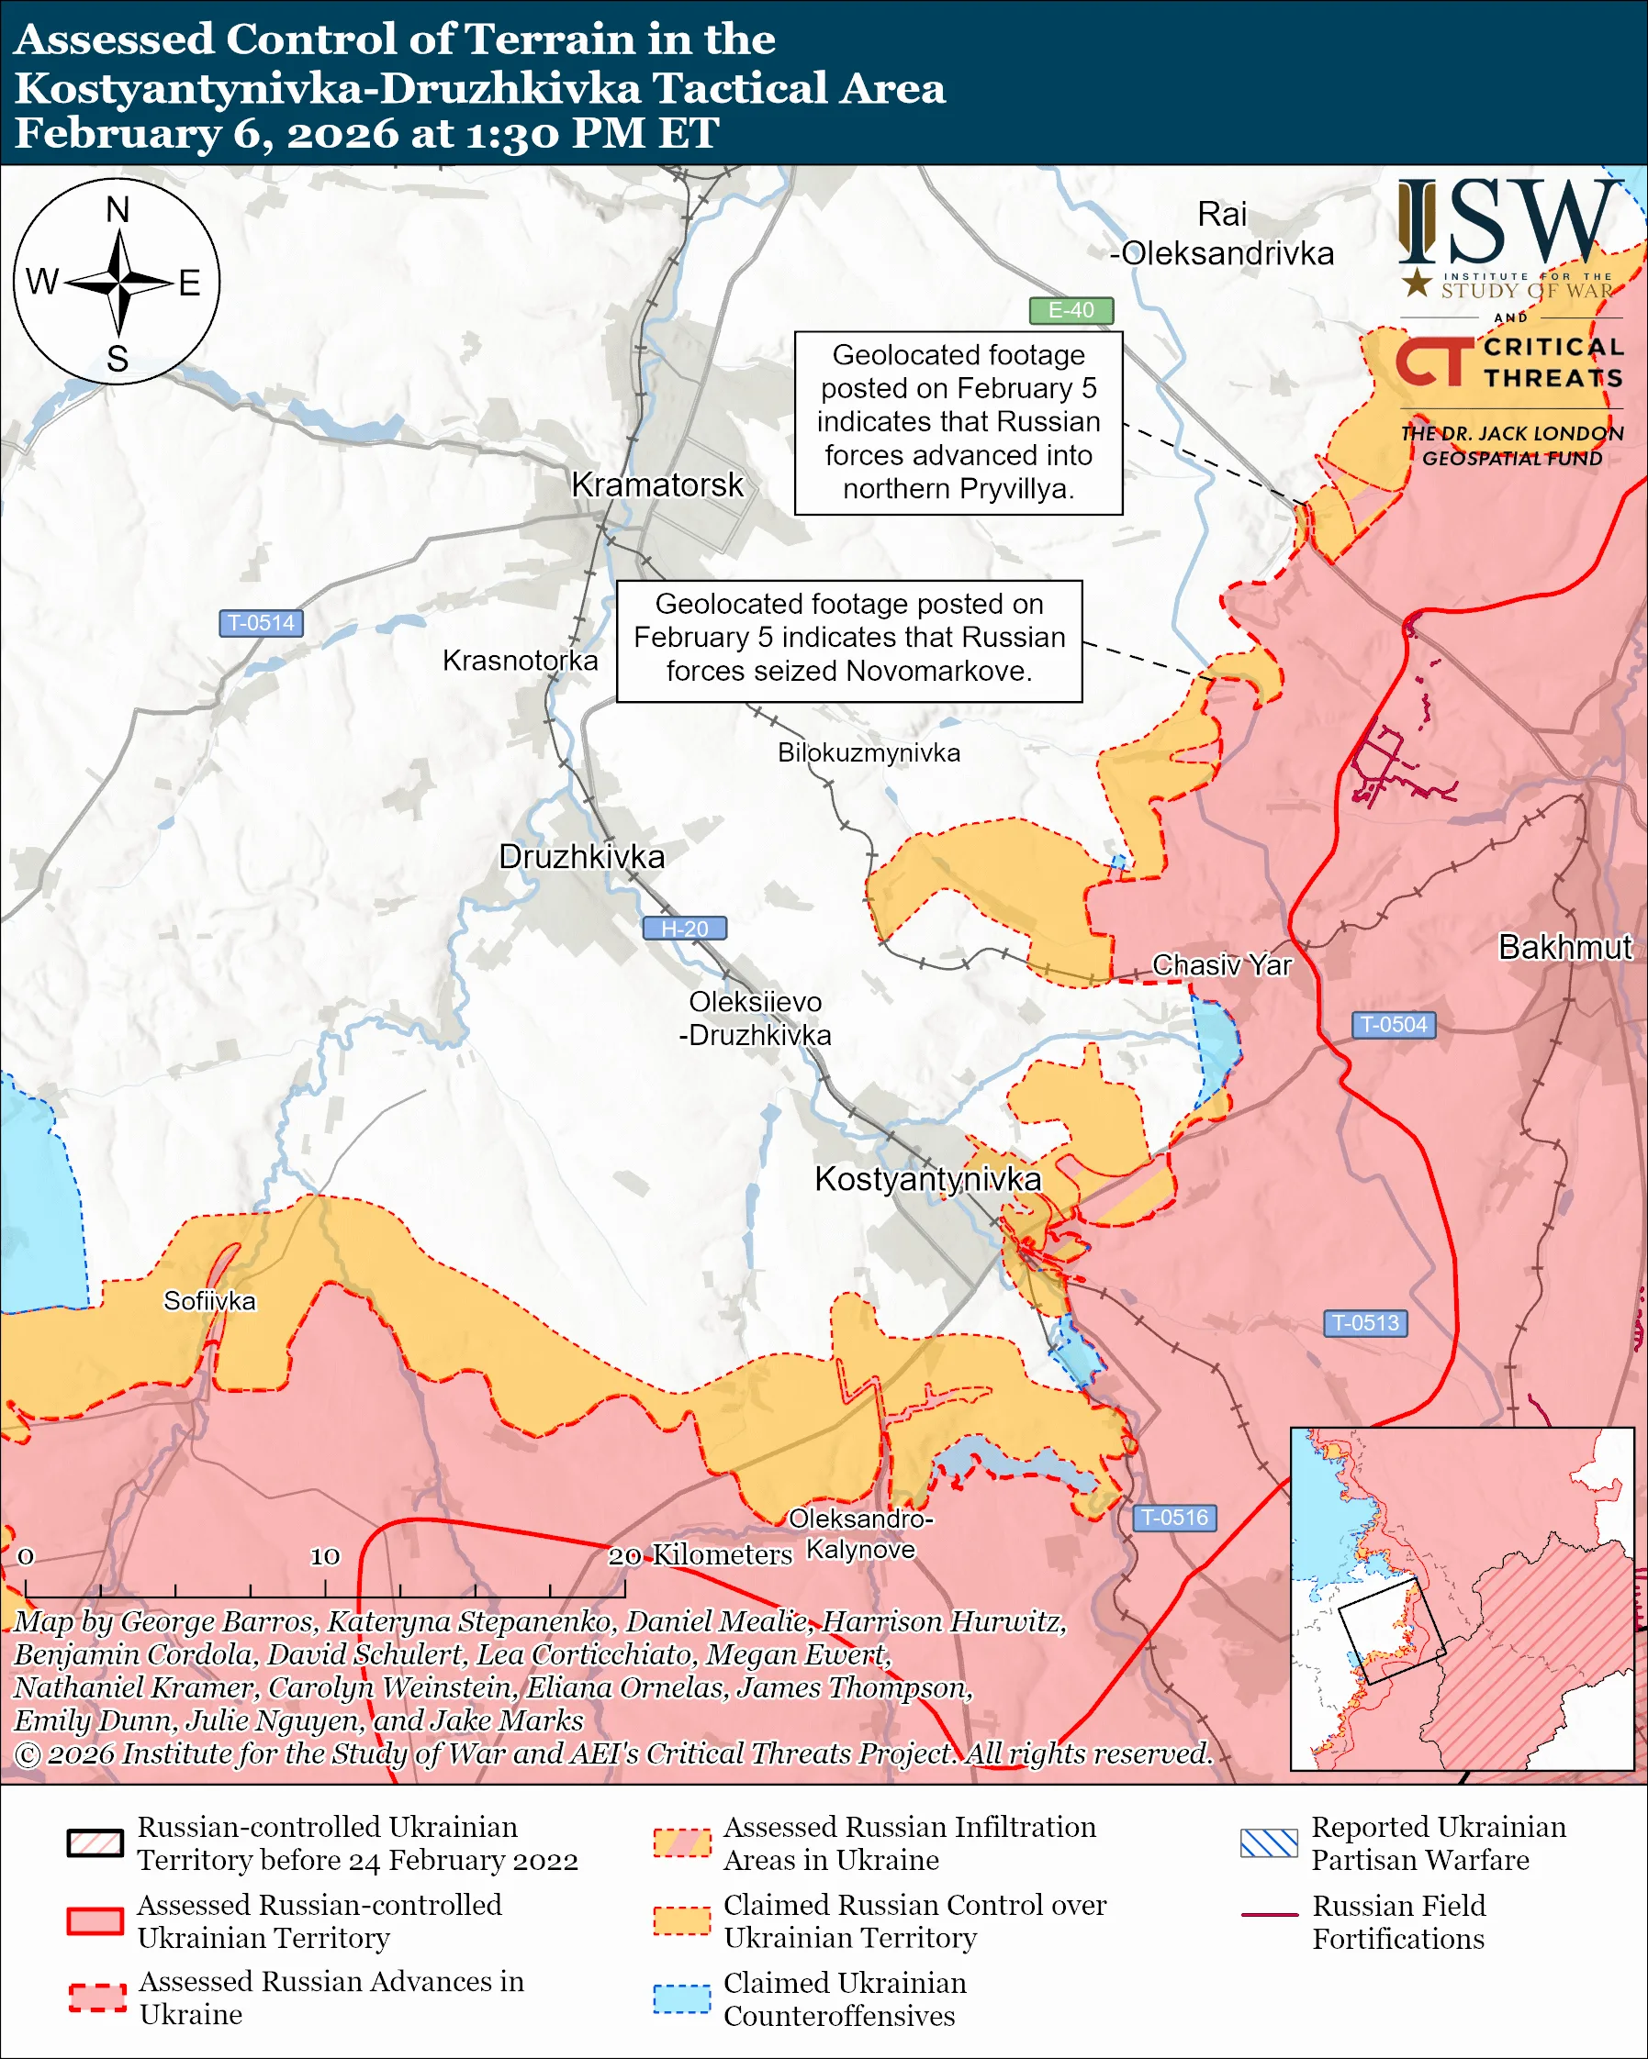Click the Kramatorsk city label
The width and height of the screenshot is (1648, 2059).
coord(656,485)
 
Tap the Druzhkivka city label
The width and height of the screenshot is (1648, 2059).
coord(581,857)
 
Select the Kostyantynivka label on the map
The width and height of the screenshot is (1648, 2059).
coord(926,1179)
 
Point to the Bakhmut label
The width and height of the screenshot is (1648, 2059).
coord(1564,947)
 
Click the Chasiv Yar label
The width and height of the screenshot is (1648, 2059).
coord(1221,965)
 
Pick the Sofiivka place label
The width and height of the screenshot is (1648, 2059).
coord(209,1302)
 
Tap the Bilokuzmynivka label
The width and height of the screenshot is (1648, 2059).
coord(869,753)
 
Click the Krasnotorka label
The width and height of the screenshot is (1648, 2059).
coord(520,661)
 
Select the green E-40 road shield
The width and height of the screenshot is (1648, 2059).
coord(1070,310)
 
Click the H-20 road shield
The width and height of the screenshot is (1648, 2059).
coord(684,929)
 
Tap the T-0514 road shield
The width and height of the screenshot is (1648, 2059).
coord(261,624)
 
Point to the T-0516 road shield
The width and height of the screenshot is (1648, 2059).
coord(1174,1518)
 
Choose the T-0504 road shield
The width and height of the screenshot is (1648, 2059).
coord(1393,1025)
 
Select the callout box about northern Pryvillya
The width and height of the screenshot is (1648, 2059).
coord(958,422)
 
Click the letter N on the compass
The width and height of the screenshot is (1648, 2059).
coord(118,210)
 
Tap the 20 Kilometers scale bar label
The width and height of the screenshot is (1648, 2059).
coord(700,1555)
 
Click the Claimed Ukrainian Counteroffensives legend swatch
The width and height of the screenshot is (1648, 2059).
coord(681,1998)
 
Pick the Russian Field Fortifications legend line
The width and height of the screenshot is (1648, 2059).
coord(1269,1915)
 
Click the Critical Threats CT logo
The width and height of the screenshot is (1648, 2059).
coord(1433,363)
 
